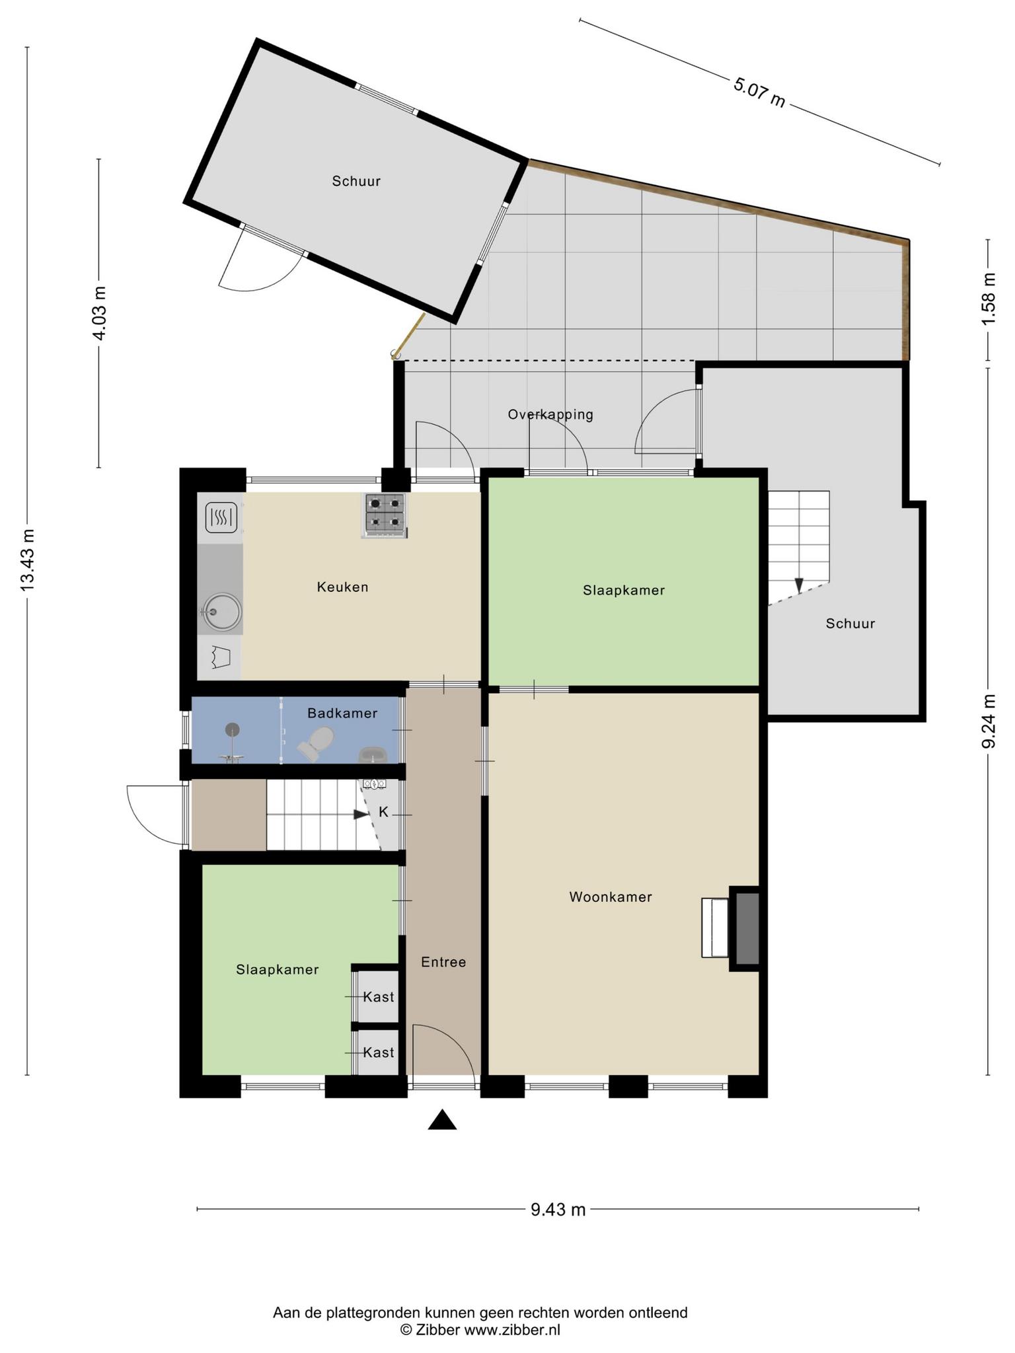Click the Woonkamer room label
point(611,897)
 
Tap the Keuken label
point(342,587)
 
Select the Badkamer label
point(342,713)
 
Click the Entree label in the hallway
point(443,963)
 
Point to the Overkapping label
point(550,415)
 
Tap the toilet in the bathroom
point(316,743)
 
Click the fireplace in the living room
point(745,928)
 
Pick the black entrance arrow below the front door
point(442,1120)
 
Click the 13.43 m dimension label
point(27,560)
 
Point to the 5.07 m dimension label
point(759,92)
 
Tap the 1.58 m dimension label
point(989,299)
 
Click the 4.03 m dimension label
point(99,313)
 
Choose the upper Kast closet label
point(379,997)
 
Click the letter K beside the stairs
point(383,812)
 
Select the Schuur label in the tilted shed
point(356,181)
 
